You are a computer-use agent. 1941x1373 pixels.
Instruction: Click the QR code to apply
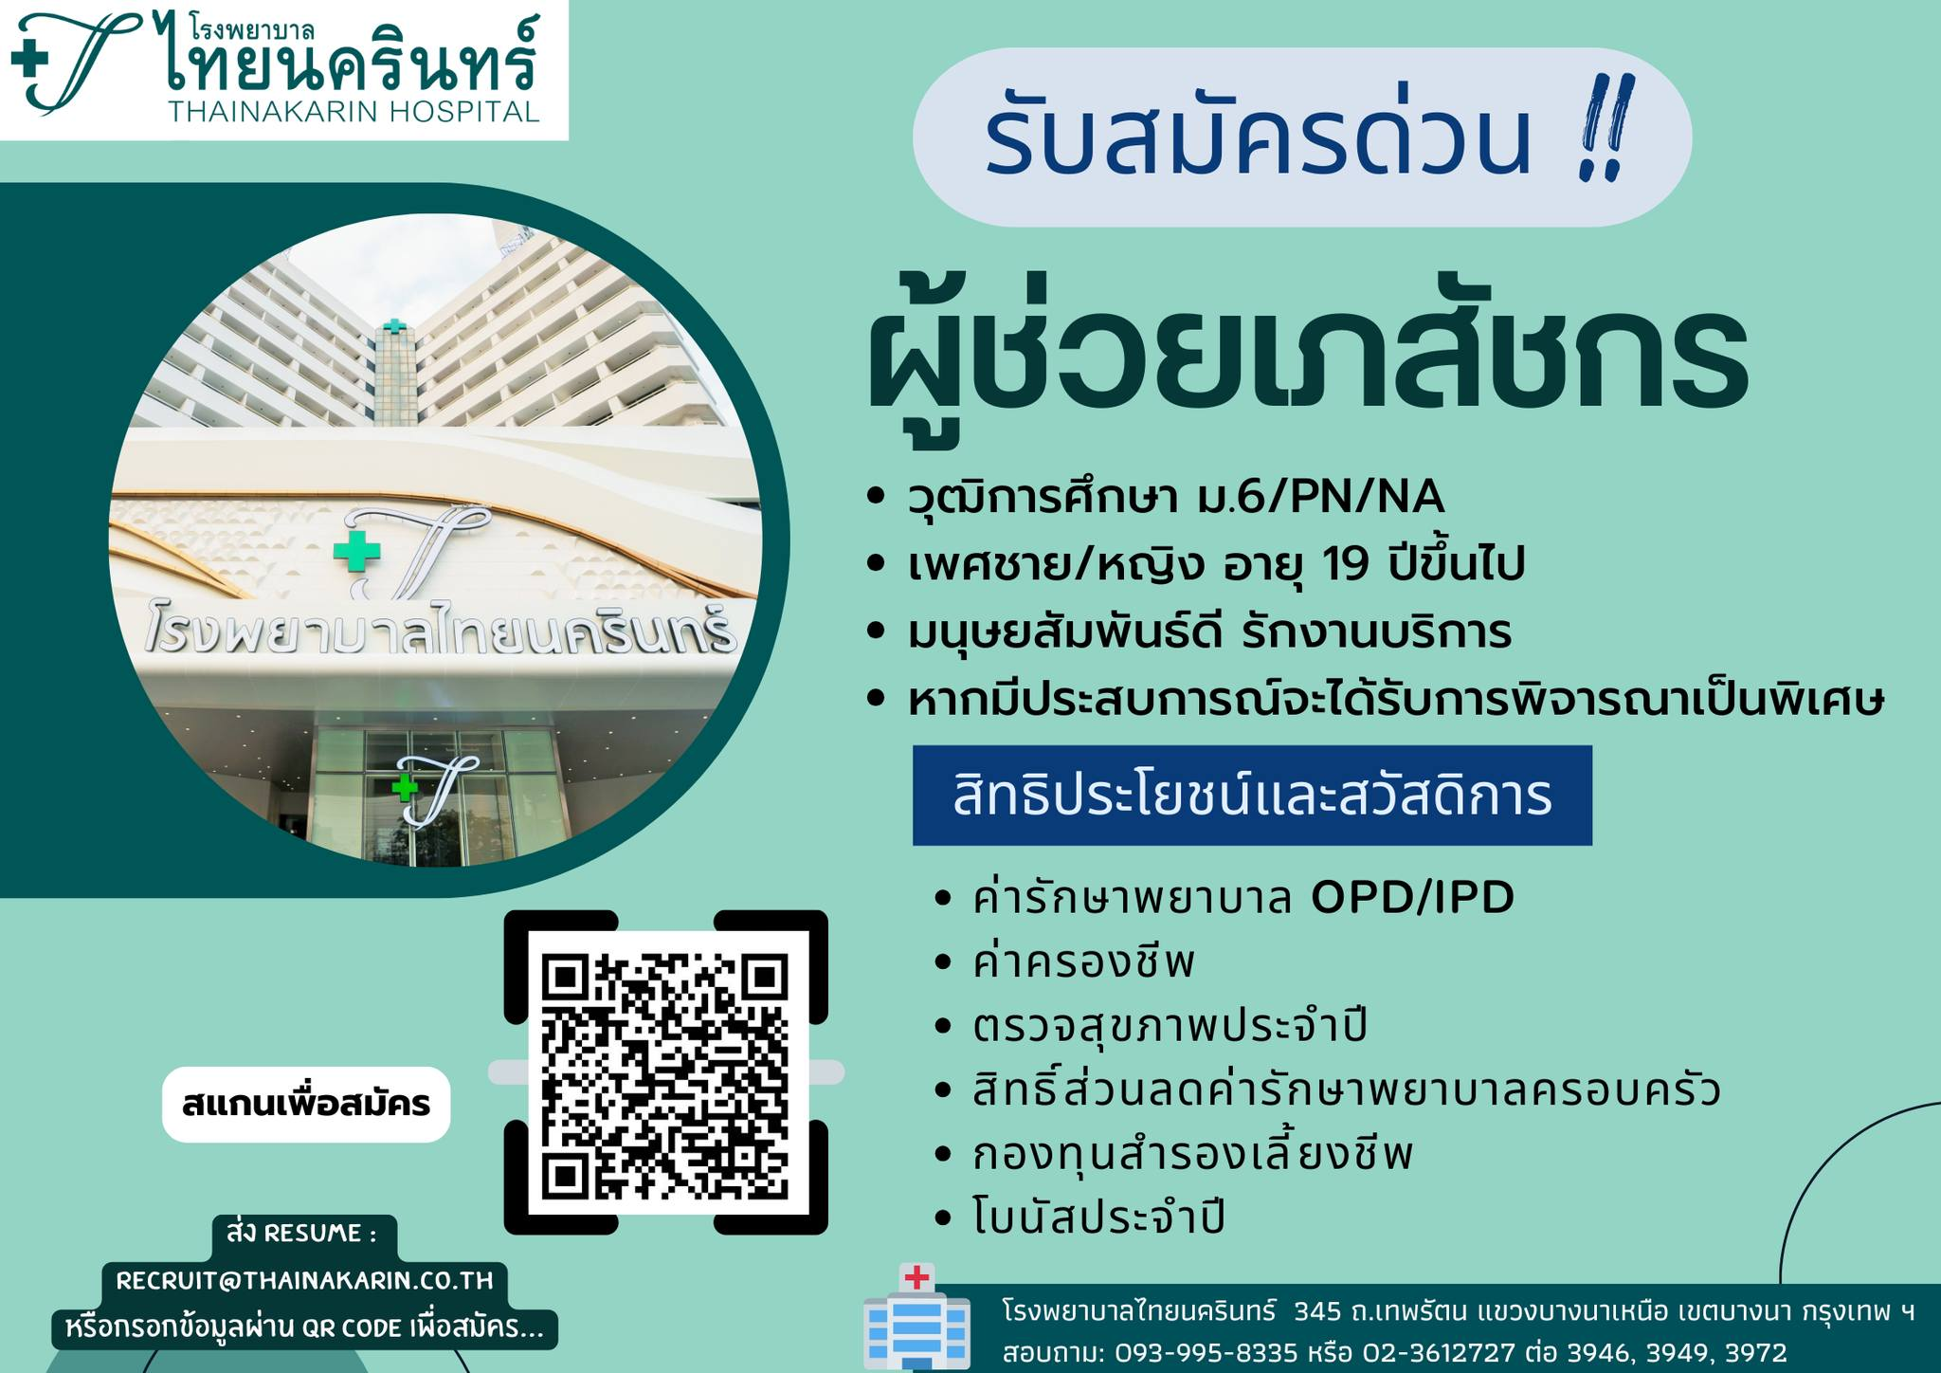(665, 1073)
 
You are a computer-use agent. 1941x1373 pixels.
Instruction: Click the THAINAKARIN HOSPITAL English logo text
(354, 112)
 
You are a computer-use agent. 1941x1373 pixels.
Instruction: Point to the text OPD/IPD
(1412, 898)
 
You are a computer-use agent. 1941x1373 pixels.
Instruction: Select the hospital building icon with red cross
(916, 1316)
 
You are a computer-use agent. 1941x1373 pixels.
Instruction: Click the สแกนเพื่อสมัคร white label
(306, 1105)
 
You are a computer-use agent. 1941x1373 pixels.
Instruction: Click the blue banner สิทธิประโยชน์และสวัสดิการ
(1252, 796)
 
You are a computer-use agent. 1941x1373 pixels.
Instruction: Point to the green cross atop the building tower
(393, 326)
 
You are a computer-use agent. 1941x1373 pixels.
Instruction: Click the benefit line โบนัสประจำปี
(1098, 1217)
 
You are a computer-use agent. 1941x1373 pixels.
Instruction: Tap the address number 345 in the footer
(1317, 1312)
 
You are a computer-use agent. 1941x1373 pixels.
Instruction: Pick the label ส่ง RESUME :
(301, 1234)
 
